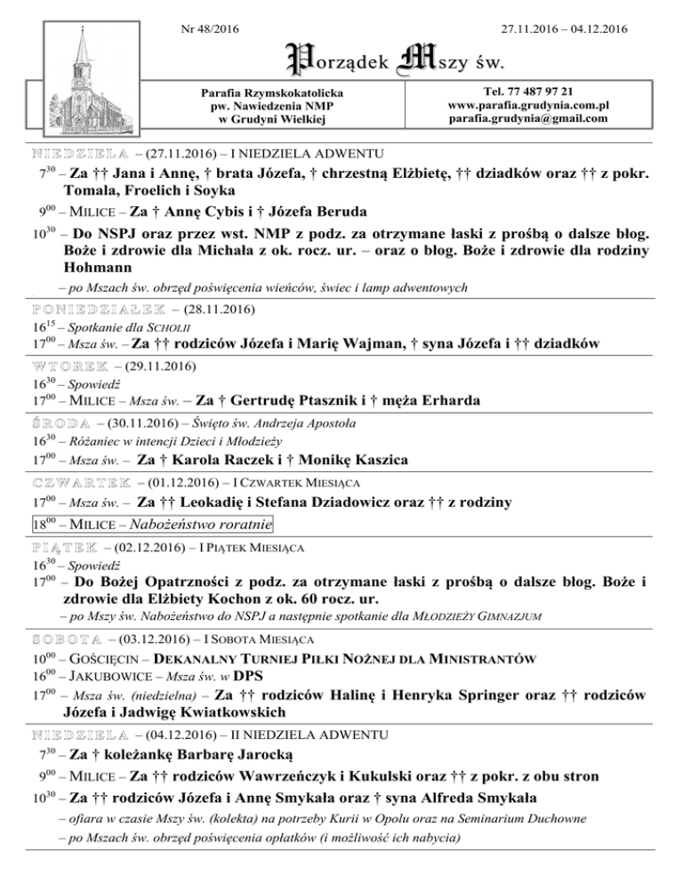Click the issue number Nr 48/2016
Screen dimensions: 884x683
pyautogui.click(x=208, y=29)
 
